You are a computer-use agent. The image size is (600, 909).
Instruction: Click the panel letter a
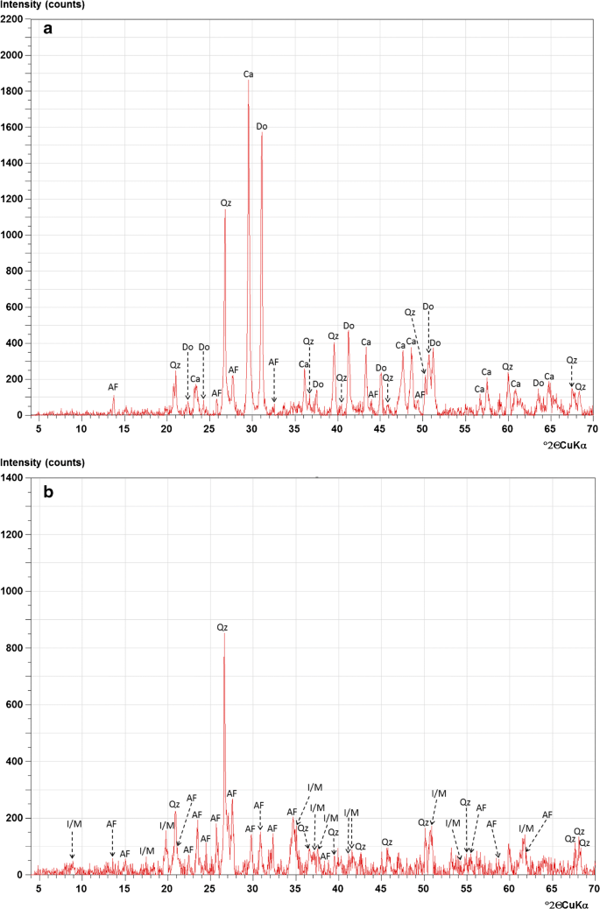coord(49,30)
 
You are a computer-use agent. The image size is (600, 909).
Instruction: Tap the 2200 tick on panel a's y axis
coord(12,19)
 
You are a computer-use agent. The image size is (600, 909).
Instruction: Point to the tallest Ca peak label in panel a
coord(249,74)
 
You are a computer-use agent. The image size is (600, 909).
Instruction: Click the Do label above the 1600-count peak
coord(262,126)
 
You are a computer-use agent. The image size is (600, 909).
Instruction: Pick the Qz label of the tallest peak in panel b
coord(222,627)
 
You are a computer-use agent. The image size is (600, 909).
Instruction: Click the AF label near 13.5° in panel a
coord(113,386)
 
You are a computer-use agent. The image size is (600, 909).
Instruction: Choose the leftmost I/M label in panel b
coord(74,824)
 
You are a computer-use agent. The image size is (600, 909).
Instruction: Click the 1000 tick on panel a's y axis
coord(12,235)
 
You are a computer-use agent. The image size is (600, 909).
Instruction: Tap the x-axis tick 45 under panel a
coord(380,429)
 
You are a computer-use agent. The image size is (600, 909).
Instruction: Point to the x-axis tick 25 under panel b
coord(209,888)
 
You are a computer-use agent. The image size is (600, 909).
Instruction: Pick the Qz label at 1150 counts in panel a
coord(226,202)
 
